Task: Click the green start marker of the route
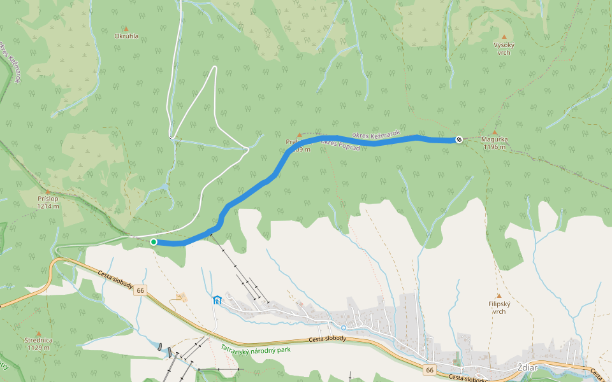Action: tap(154, 242)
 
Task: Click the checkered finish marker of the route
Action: tap(459, 139)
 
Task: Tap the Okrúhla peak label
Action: tap(126, 36)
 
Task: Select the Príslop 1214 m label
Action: tap(48, 202)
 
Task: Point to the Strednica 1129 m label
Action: tap(38, 344)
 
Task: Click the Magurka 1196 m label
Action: tap(494, 143)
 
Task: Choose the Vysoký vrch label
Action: tap(504, 48)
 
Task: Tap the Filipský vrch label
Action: tap(499, 308)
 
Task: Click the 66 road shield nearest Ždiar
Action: tap(430, 369)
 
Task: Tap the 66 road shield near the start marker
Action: tap(141, 290)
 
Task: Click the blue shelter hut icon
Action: tap(217, 300)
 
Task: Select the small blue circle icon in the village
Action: tap(344, 328)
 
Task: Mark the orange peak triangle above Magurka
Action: tap(494, 132)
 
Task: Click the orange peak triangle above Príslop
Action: tap(48, 190)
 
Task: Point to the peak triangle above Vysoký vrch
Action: tap(504, 37)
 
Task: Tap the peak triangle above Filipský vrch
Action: tap(499, 296)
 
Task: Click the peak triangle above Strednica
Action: tap(38, 333)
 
